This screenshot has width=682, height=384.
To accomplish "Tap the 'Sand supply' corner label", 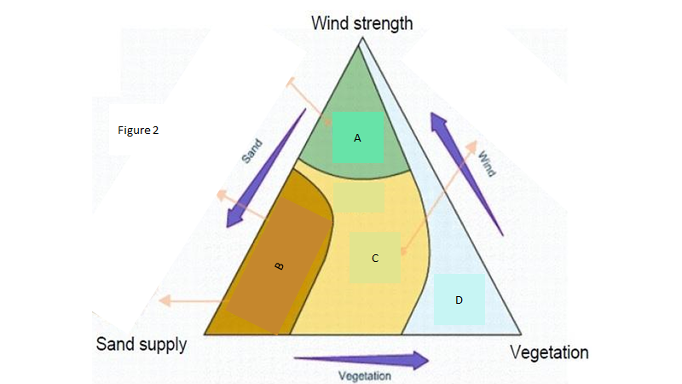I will click(141, 344).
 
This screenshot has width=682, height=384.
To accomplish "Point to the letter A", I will click(357, 137).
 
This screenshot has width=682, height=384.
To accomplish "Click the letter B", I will click(279, 266).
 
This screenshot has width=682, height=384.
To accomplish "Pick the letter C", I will click(374, 257).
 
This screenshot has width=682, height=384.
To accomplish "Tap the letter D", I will click(459, 300).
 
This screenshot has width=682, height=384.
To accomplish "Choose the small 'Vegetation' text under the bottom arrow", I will click(365, 375).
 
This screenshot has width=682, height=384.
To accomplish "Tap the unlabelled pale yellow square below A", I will click(359, 197).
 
